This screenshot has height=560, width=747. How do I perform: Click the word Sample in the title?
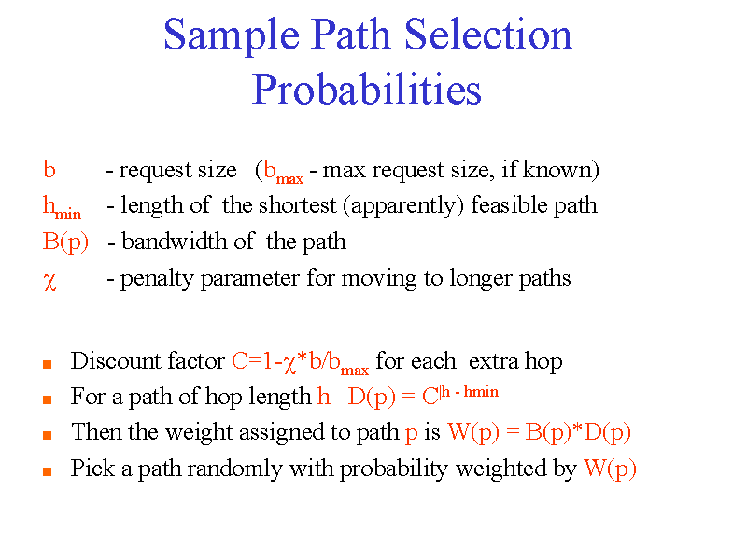tap(232, 36)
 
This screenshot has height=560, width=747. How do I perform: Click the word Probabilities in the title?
tap(366, 90)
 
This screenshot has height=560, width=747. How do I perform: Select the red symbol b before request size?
tap(49, 170)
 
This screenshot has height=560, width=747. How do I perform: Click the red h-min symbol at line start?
tap(62, 208)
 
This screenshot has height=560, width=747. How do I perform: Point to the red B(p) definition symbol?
tap(65, 242)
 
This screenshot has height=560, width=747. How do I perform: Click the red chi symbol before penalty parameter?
tap(49, 281)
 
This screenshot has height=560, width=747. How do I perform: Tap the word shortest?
tap(297, 205)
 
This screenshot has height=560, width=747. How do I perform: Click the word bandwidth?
tap(174, 241)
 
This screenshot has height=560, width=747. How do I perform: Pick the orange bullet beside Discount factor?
tap(48, 364)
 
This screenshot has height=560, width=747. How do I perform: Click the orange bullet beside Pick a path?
tap(48, 471)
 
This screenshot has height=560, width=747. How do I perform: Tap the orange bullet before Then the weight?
tap(48, 435)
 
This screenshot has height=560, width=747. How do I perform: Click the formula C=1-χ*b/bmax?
tap(300, 363)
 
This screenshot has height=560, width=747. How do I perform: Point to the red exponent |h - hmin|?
tap(471, 392)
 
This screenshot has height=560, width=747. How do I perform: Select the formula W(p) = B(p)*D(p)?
tap(540, 433)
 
